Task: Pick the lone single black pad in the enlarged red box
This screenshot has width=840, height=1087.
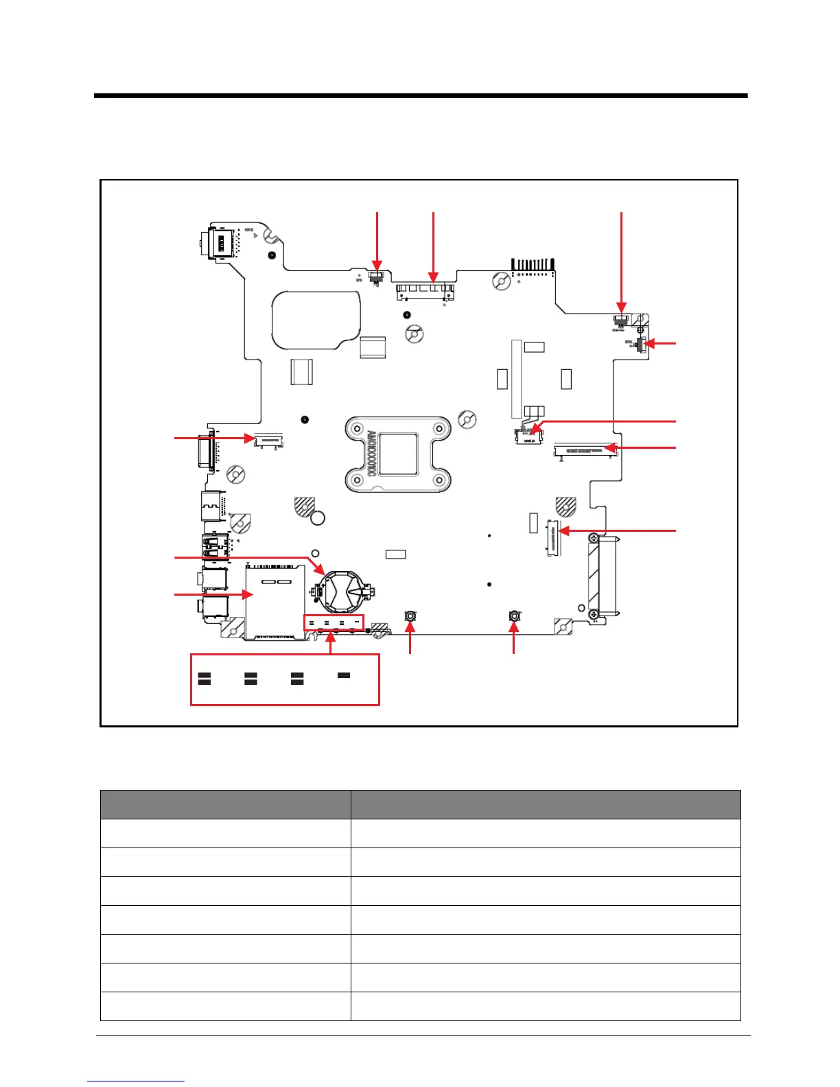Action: [344, 675]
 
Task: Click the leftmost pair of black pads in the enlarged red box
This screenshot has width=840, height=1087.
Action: [205, 679]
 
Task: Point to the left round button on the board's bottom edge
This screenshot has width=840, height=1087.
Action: [410, 616]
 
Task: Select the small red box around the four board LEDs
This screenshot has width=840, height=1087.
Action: [334, 623]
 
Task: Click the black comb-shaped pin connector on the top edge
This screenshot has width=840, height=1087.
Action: [533, 264]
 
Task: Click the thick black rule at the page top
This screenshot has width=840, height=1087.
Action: [420, 96]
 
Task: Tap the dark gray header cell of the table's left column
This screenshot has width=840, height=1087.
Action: [226, 804]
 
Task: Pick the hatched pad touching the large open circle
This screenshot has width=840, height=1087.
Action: [304, 507]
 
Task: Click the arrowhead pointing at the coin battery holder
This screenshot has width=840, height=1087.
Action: [322, 572]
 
